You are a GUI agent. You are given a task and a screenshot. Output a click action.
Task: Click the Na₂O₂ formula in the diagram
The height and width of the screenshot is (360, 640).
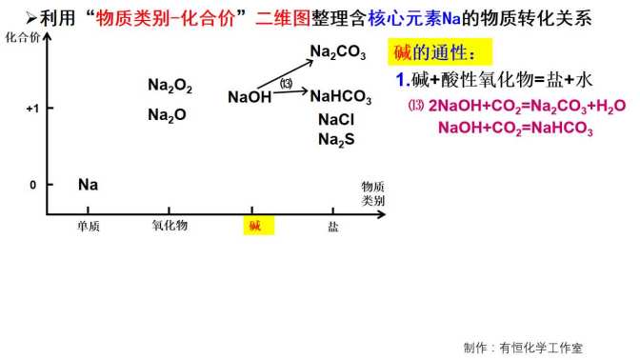coord(170,86)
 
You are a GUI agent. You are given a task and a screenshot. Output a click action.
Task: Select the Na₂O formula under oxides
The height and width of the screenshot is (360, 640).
coord(167,115)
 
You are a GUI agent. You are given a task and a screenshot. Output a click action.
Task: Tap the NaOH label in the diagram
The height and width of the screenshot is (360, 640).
coord(250,96)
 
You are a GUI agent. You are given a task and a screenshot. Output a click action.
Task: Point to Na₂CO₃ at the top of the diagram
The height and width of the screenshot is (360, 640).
coord(337,53)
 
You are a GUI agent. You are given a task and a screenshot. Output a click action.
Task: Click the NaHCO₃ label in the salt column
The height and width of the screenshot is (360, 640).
coord(342,96)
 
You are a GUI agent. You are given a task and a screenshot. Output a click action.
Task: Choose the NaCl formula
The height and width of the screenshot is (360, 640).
coord(336,120)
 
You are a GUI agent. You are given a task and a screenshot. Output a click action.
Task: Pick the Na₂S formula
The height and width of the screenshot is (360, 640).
coord(336,140)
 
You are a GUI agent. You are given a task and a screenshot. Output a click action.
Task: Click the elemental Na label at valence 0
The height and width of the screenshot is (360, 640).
coord(88,184)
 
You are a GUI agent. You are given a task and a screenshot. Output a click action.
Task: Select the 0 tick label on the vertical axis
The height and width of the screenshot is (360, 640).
coord(32,185)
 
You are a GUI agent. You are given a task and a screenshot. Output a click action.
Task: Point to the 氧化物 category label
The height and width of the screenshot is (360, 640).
coord(170,226)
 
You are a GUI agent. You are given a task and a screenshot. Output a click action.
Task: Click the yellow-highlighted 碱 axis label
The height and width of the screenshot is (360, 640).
coord(254,226)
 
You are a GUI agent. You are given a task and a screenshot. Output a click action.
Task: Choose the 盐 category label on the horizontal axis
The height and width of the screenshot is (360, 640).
coord(333,226)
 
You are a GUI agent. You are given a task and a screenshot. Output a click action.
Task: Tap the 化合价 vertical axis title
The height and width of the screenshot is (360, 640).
coord(23,37)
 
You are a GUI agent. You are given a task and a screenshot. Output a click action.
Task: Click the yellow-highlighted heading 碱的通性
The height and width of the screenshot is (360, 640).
coord(430,51)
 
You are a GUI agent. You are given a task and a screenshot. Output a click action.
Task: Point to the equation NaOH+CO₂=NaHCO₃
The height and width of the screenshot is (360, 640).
coord(515,130)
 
